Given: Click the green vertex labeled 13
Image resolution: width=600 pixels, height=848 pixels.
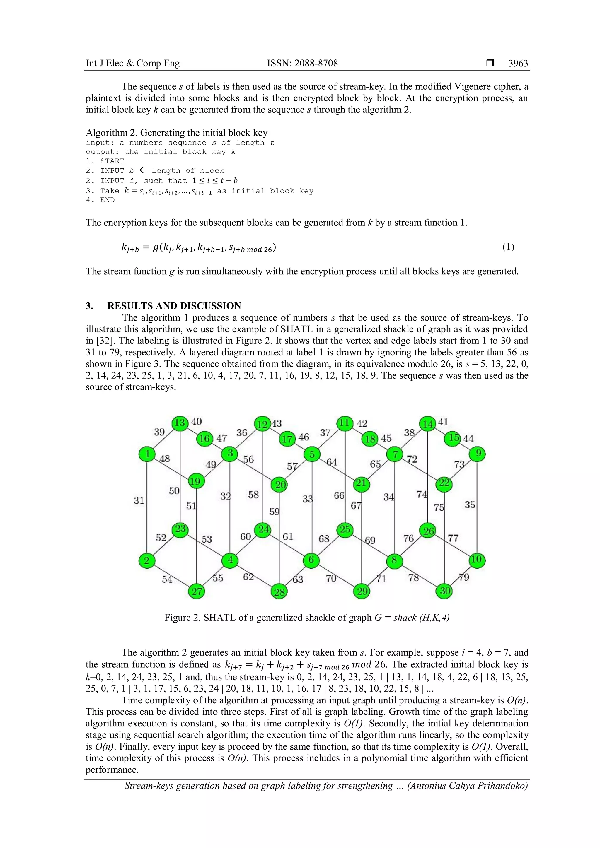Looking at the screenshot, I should (180, 423).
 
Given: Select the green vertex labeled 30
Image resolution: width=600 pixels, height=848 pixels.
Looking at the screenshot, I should (445, 591).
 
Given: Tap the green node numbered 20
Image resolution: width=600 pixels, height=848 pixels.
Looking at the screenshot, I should (280, 485).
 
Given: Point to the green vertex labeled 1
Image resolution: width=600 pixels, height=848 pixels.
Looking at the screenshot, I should (147, 454).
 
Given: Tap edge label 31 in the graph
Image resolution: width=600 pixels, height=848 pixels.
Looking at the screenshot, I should (139, 500).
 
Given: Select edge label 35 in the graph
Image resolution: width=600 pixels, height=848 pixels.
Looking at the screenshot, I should (470, 505).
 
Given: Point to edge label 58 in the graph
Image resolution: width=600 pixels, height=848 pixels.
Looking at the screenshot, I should (253, 495).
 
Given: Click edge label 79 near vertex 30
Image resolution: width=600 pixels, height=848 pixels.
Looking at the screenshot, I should (464, 577).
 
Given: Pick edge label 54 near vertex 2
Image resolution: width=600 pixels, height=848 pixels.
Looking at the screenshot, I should (167, 579).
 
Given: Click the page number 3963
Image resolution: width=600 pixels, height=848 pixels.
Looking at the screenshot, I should (518, 64).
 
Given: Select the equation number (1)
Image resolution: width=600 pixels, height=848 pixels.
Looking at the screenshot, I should (508, 247).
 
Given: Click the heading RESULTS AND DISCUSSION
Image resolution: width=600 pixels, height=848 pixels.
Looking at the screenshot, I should (174, 306).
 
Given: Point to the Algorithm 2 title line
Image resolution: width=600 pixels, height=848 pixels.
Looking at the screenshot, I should (177, 133).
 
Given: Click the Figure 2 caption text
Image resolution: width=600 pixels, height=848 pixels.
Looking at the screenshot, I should (307, 618).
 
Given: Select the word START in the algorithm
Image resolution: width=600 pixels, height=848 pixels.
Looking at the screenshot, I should (112, 161).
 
